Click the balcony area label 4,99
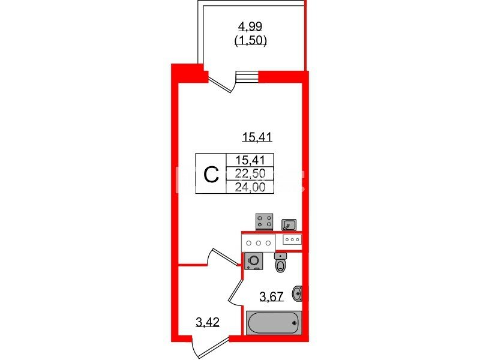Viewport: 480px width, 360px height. click(250, 26)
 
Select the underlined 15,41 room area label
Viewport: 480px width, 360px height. click(257, 137)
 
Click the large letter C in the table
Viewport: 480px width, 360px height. click(211, 175)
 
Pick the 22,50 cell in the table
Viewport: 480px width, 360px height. click(250, 173)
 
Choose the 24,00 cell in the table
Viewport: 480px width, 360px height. click(250, 187)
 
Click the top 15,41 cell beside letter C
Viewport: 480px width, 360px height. click(250, 160)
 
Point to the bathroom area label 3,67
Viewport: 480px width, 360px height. click(271, 296)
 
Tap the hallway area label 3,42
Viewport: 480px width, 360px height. click(208, 322)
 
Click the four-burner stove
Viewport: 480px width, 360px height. click(264, 221)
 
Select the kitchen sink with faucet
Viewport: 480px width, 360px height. click(289, 224)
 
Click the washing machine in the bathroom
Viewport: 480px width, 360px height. click(254, 261)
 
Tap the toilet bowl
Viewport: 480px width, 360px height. click(280, 263)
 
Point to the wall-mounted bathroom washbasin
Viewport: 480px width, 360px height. click(298, 293)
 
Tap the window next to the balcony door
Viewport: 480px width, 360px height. click(247, 77)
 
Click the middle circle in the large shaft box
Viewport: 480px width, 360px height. click(259, 243)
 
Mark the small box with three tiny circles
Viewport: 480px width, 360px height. click(292, 239)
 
